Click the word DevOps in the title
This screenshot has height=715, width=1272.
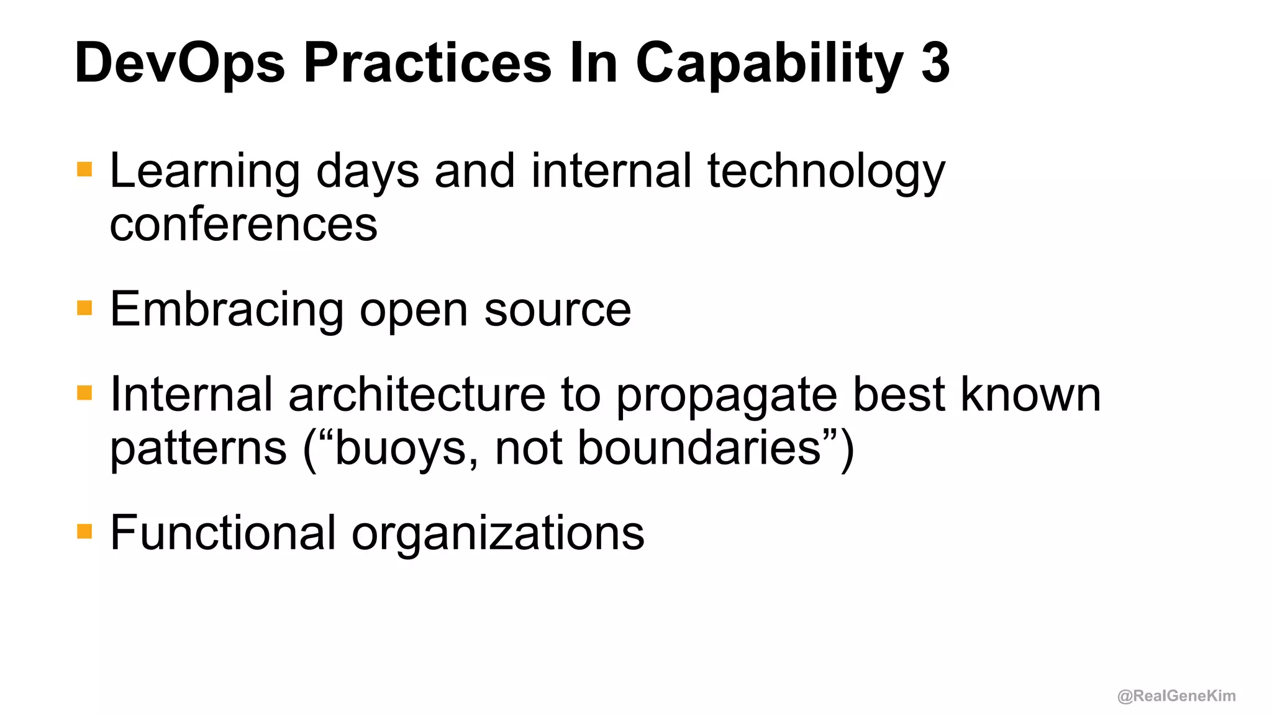click(179, 64)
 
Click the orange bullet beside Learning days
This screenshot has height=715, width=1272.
click(84, 169)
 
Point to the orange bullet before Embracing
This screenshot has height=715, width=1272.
click(84, 308)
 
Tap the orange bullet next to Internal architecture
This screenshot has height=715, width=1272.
click(84, 393)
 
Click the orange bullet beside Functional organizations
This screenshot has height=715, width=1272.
click(84, 531)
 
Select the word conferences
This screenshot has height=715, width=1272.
click(243, 224)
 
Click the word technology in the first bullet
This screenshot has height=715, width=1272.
click(826, 172)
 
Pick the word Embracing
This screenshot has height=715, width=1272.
click(227, 310)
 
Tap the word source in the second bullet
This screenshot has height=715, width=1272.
click(557, 310)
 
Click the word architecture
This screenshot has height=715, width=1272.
click(417, 394)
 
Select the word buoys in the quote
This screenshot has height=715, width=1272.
click(401, 449)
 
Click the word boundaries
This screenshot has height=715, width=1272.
click(699, 447)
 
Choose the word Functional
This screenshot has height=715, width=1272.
click(223, 533)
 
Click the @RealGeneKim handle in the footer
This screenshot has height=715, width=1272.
click(1176, 696)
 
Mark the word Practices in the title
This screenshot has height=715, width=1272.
click(427, 63)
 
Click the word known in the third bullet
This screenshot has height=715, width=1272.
click(1031, 394)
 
